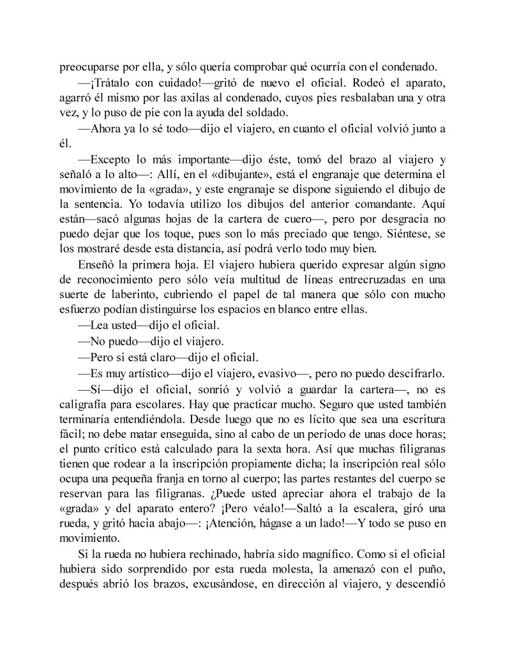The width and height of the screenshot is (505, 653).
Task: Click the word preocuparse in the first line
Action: coord(90,65)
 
